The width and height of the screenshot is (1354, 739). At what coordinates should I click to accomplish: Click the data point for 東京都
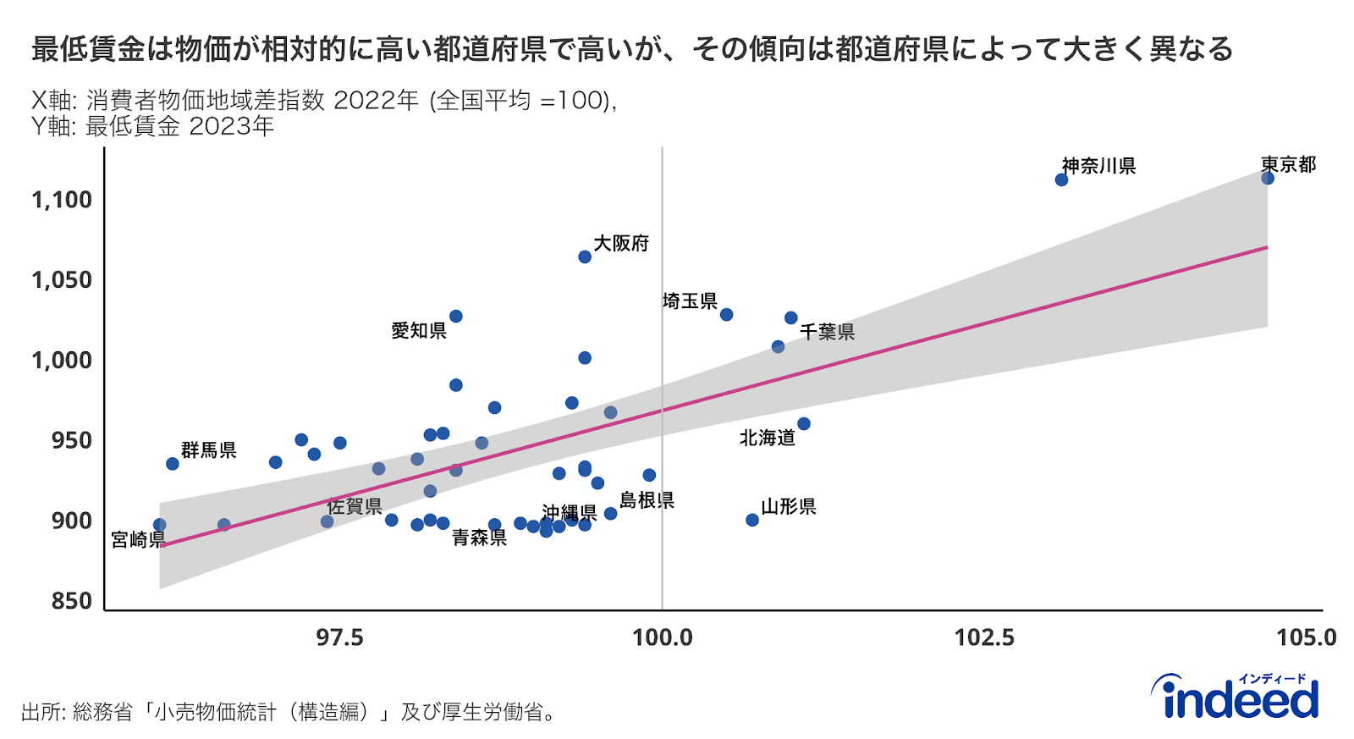(x=1267, y=178)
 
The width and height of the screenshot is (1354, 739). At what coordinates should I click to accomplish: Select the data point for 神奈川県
(x=1061, y=179)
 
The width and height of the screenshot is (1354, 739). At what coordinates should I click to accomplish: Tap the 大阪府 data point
(x=585, y=256)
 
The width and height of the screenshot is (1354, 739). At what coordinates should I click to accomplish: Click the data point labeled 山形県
(x=752, y=520)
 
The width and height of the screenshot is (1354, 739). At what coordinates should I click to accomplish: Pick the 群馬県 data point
(x=173, y=464)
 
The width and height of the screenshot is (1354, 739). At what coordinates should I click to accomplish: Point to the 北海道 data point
(x=804, y=423)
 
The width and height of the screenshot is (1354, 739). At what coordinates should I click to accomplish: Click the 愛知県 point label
(x=419, y=331)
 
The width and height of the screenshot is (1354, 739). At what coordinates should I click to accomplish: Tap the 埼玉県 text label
(x=690, y=301)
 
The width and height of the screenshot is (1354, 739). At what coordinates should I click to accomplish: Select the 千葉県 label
(x=827, y=332)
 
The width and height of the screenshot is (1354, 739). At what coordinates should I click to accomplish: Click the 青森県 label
(x=479, y=538)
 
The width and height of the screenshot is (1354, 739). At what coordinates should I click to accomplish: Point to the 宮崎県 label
(x=138, y=539)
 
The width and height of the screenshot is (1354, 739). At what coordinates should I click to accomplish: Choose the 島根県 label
(x=647, y=500)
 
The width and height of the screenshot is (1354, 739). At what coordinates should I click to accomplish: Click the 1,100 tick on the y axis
(x=62, y=200)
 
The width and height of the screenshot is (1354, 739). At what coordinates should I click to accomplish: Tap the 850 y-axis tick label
(x=71, y=601)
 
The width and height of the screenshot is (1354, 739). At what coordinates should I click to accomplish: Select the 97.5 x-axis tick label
(x=340, y=637)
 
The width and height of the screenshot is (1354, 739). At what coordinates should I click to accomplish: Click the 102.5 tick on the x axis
(x=984, y=637)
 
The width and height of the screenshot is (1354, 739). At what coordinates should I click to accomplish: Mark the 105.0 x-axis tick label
(x=1306, y=637)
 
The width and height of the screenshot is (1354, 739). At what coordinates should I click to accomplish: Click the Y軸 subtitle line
(x=153, y=127)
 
